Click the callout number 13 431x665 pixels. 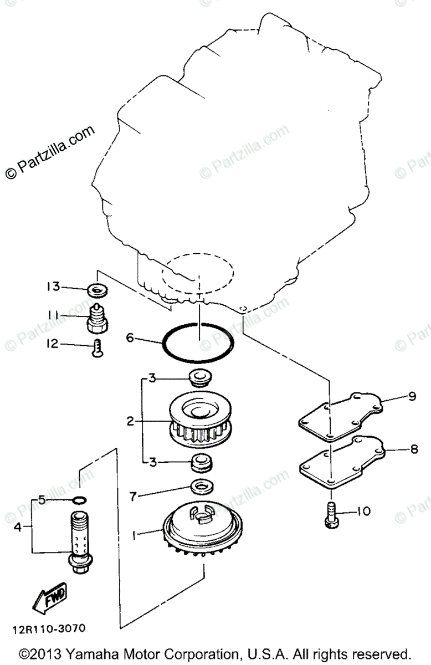pos(53,287)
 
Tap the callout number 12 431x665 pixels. pos(53,344)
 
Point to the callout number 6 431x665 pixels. pos(130,337)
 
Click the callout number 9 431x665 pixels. pos(412,396)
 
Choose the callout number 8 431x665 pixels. pos(414,450)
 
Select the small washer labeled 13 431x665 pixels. pos(98,289)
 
